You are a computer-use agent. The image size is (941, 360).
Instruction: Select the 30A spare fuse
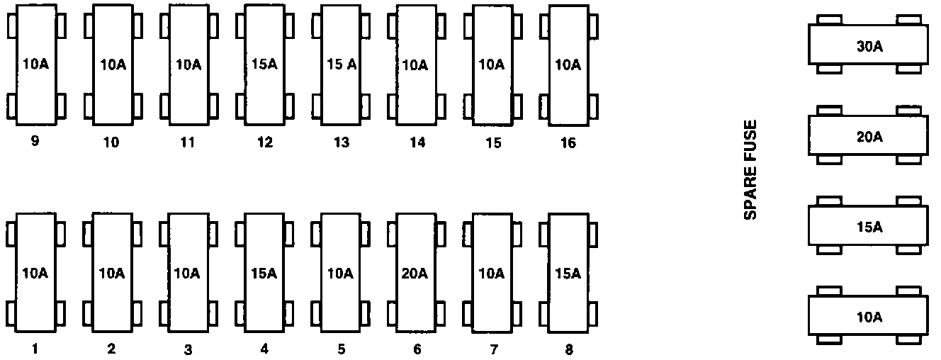[x=868, y=47]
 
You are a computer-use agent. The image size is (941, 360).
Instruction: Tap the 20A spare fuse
[x=868, y=137]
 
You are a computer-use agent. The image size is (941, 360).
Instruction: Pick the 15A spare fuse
[x=868, y=227]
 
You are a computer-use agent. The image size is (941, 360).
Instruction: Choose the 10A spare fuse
[x=868, y=317]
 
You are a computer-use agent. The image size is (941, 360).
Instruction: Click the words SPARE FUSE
[x=750, y=170]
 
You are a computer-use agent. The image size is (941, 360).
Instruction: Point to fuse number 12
[x=264, y=65]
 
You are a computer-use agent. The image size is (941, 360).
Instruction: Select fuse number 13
[x=340, y=65]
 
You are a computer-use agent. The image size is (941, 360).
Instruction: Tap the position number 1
[x=35, y=348]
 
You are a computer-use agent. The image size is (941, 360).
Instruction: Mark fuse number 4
[x=264, y=274]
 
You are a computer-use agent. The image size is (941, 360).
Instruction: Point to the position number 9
[x=35, y=141]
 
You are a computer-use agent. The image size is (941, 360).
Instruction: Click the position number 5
[x=342, y=349]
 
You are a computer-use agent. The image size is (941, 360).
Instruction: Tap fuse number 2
[x=112, y=274]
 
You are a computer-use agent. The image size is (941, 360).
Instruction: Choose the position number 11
[x=187, y=142]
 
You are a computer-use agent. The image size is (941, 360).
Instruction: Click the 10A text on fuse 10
[x=113, y=65]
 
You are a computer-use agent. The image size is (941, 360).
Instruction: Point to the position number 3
[x=188, y=349]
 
